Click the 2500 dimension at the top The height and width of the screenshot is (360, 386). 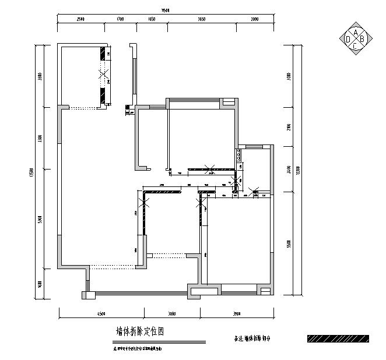click(80, 19)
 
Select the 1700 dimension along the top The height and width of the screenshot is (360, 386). click(120, 19)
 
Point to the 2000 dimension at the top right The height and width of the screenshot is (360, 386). click(254, 19)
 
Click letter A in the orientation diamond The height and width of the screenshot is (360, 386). click(356, 33)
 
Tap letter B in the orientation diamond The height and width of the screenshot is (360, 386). click(362, 40)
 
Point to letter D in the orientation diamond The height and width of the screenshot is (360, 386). click(348, 40)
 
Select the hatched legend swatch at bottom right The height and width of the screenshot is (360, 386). click(338, 338)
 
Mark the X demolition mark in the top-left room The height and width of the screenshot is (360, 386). click(103, 75)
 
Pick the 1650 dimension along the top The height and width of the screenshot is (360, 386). click(151, 19)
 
